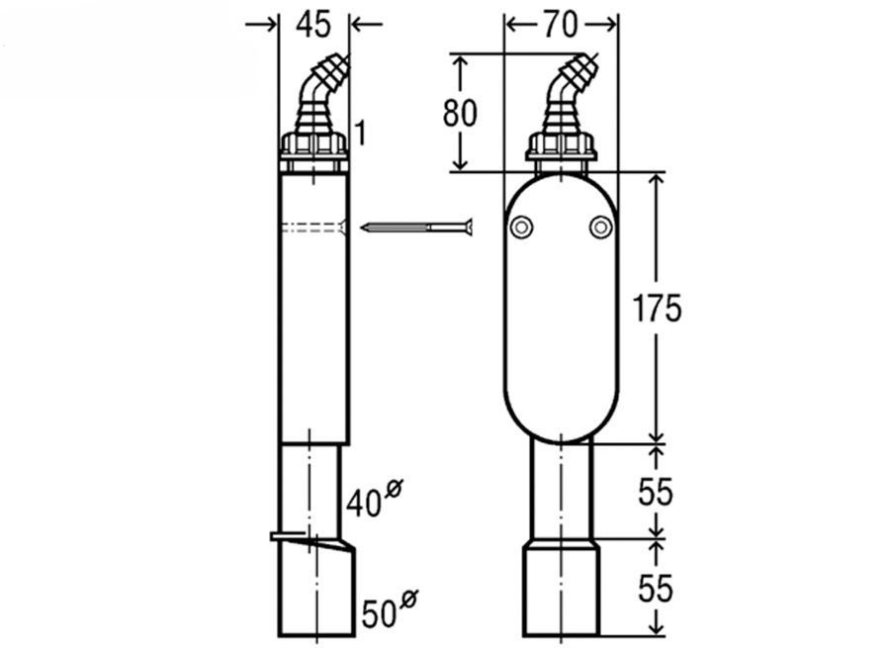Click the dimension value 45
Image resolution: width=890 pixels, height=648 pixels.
click(x=312, y=25)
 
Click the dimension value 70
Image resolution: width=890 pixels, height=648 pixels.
click(x=561, y=25)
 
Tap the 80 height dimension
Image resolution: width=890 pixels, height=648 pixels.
click(x=460, y=113)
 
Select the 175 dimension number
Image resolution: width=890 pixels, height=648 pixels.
click(x=657, y=309)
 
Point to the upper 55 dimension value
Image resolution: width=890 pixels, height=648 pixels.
click(x=656, y=492)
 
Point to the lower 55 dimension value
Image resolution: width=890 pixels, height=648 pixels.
click(x=656, y=588)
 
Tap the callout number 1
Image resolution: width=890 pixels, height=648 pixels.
click(x=360, y=133)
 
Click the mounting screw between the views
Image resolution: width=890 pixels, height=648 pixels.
click(x=416, y=228)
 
